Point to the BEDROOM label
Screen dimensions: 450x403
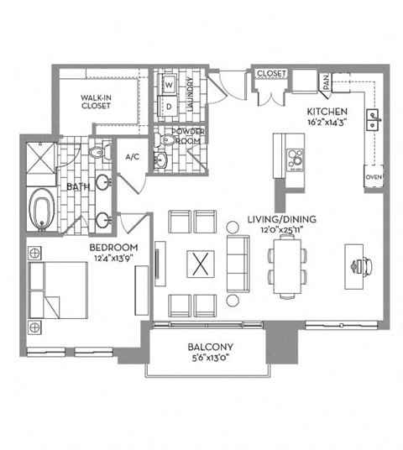coord(113,248)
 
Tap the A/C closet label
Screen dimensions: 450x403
coord(133,157)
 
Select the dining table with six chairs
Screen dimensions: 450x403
coord(287,264)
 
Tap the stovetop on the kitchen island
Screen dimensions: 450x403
coord(296,158)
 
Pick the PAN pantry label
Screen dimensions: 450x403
coord(324,82)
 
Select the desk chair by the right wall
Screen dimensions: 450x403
coord(363,266)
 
